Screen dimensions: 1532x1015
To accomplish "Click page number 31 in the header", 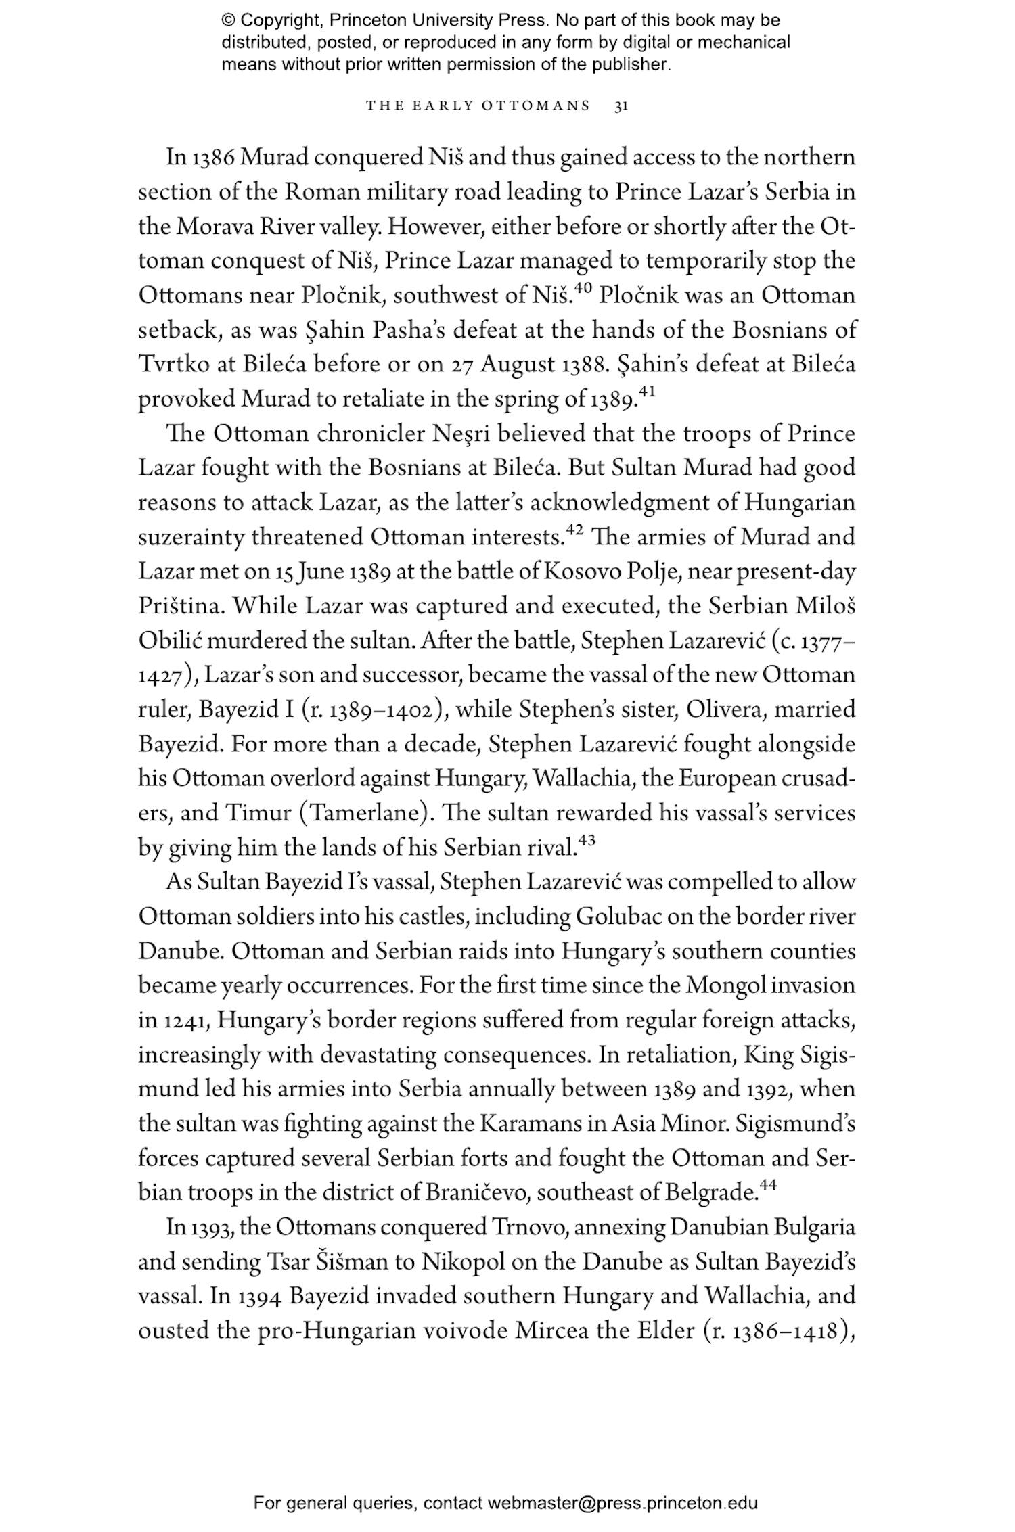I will tap(621, 106).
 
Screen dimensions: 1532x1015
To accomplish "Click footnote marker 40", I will tap(583, 289).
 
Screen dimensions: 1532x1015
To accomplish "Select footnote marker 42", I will tap(574, 531).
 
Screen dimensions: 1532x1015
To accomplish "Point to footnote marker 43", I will tap(587, 841).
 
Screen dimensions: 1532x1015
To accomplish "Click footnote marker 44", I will tap(767, 1185).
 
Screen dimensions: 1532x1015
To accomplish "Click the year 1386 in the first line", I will tap(213, 158).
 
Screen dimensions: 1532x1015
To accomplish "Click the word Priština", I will tap(180, 607).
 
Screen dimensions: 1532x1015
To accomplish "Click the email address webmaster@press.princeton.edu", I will tap(622, 1504).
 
